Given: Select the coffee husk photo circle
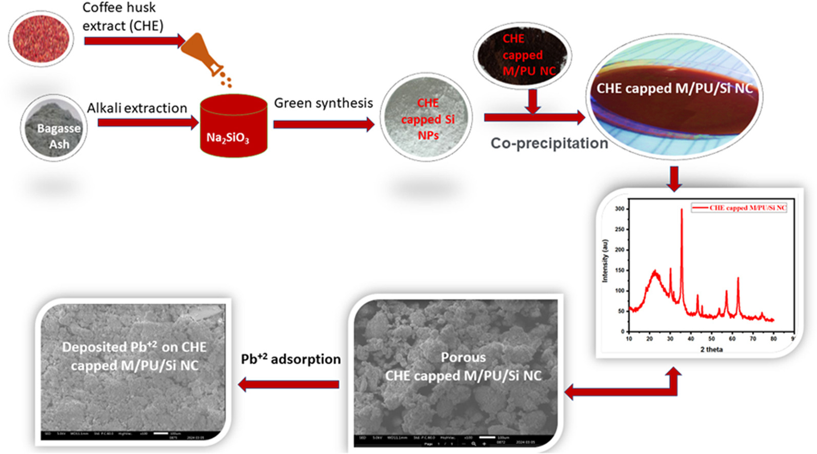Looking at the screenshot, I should (41, 38).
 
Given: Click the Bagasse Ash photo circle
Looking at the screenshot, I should (54, 128).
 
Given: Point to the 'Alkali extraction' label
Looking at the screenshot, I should (137, 108).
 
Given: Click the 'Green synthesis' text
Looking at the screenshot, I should (323, 103).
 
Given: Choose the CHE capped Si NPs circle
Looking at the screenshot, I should (426, 117).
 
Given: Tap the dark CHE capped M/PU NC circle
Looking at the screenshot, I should (523, 54).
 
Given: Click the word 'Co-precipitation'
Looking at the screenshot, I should (549, 143).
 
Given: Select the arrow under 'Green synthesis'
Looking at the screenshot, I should (324, 125).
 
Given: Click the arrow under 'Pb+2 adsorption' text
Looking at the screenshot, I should (289, 384).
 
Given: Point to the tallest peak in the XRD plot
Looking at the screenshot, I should (682, 210).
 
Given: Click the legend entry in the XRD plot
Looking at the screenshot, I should (740, 208).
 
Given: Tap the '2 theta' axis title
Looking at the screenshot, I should (711, 349).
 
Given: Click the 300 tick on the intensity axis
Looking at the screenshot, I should (620, 209).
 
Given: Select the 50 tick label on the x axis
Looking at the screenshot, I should (711, 339).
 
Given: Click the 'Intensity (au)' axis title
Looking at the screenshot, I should (605, 261).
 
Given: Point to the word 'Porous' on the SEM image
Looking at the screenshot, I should (463, 357).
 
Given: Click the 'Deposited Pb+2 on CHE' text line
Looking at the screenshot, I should (134, 347).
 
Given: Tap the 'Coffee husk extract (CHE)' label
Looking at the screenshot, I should (123, 16).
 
